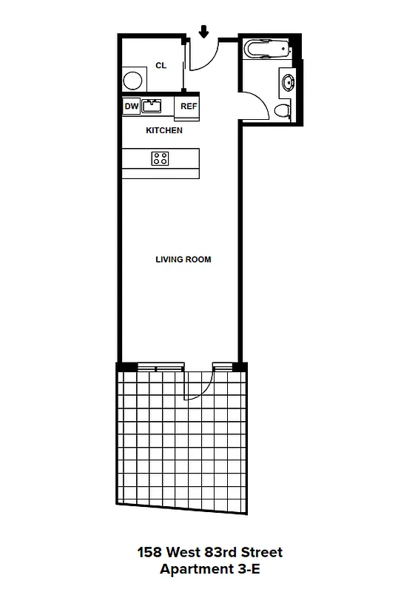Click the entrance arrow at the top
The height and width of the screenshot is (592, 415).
pos(204,31)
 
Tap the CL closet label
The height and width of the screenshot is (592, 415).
pos(161,66)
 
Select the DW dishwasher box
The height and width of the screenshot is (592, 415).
pos(131,107)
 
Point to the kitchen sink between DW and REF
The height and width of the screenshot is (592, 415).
pos(152,107)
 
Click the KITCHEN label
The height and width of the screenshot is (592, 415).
pos(163,130)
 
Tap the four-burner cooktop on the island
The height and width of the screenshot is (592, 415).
pos(160,158)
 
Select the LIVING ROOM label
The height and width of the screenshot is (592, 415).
pos(183,260)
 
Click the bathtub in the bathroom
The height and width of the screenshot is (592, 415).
pos(267,50)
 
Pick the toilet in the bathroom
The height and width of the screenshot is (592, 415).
pos(283,110)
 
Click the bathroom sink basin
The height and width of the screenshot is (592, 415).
pos(287,80)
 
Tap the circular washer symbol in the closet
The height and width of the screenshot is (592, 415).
pos(133,79)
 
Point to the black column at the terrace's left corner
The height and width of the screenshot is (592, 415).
pos(126,367)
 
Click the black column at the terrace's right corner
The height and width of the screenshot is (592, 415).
pos(239,367)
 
